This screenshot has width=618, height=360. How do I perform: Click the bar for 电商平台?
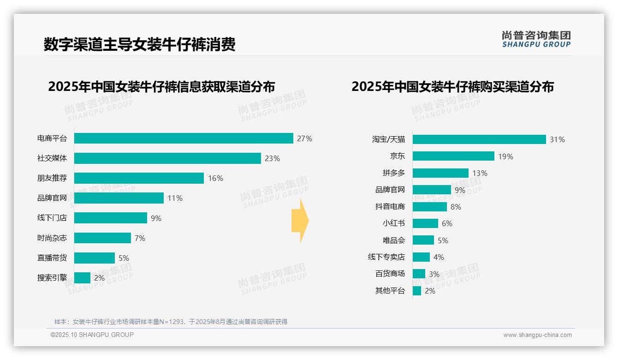tap(184, 138)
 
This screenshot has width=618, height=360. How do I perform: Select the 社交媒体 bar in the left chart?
tap(167, 158)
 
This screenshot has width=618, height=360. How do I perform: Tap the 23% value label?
tap(272, 158)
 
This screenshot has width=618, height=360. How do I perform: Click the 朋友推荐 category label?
tap(52, 178)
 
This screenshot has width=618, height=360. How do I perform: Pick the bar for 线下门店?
tap(111, 218)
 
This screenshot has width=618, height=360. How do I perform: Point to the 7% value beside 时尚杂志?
tap(140, 238)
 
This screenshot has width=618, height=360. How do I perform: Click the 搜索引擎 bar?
tap(82, 278)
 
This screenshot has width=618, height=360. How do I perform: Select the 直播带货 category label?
tap(52, 258)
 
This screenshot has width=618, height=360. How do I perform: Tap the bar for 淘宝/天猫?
tap(479, 139)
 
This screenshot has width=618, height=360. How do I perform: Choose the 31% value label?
tap(557, 139)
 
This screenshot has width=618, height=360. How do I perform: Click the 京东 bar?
tap(453, 156)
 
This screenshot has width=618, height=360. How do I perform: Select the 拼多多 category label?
tap(393, 173)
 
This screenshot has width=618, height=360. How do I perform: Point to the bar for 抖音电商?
tap(430, 207)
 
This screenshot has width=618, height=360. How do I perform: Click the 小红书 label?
tap(393, 223)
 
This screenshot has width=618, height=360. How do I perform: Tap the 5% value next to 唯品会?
tap(443, 240)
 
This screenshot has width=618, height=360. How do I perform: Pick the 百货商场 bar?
tap(419, 274)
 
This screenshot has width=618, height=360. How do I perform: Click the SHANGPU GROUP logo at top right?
tap(536, 39)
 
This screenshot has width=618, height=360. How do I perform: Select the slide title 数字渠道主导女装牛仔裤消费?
tap(139, 44)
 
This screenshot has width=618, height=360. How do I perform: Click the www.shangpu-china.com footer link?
tap(537, 335)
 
